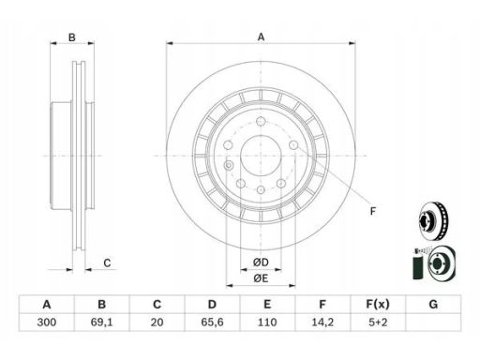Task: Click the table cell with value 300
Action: tap(47, 322)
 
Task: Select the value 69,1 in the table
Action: tap(102, 322)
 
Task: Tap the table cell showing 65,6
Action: tap(212, 322)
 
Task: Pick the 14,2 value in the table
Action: tap(322, 322)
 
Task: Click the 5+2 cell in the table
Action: tap(378, 322)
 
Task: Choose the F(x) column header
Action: tap(378, 304)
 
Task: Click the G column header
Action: tap(433, 304)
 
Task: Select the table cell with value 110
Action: tap(267, 322)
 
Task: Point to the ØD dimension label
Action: tap(261, 262)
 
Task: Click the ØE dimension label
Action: tap(261, 277)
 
